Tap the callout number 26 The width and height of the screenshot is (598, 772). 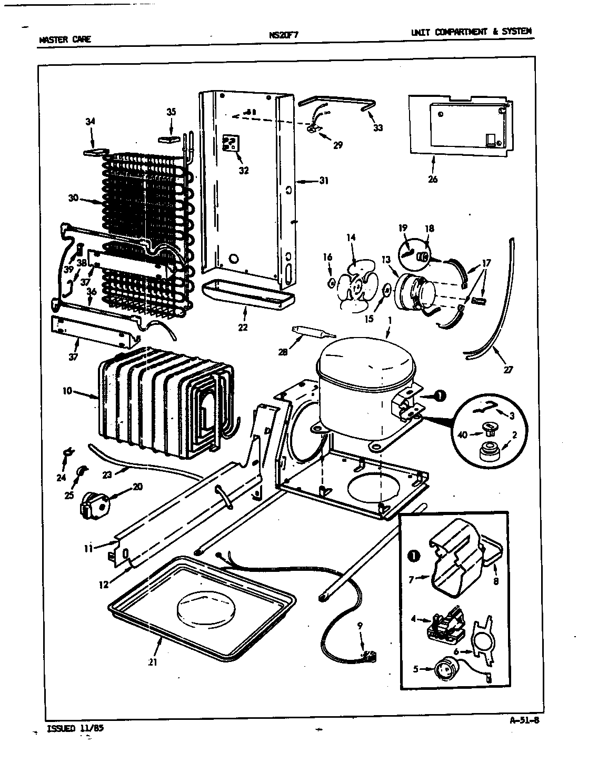(432, 179)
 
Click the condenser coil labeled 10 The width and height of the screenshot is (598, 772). (158, 398)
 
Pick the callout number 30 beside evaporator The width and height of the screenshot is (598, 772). (73, 198)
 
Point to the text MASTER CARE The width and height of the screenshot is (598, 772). (65, 39)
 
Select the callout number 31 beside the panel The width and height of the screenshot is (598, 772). (323, 181)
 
